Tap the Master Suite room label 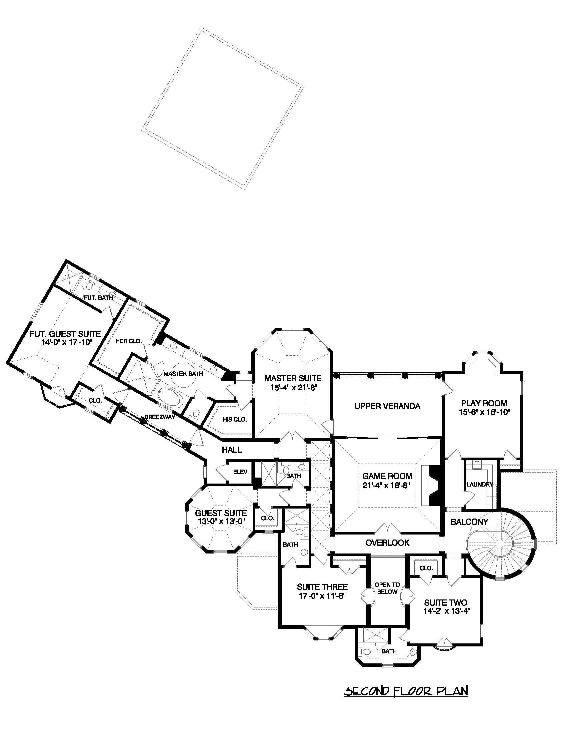pos(293,378)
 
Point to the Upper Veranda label pos(387,406)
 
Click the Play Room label pos(484,403)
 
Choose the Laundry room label pos(480,484)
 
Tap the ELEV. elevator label pos(241,472)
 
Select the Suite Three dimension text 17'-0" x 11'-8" pos(322,596)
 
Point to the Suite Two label pos(445,602)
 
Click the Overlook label pos(387,543)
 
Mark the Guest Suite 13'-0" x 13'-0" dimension pos(221,521)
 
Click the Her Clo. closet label pos(129,341)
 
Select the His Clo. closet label pos(235,419)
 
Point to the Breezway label pos(160,418)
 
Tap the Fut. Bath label pos(98,298)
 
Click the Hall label pos(232,450)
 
